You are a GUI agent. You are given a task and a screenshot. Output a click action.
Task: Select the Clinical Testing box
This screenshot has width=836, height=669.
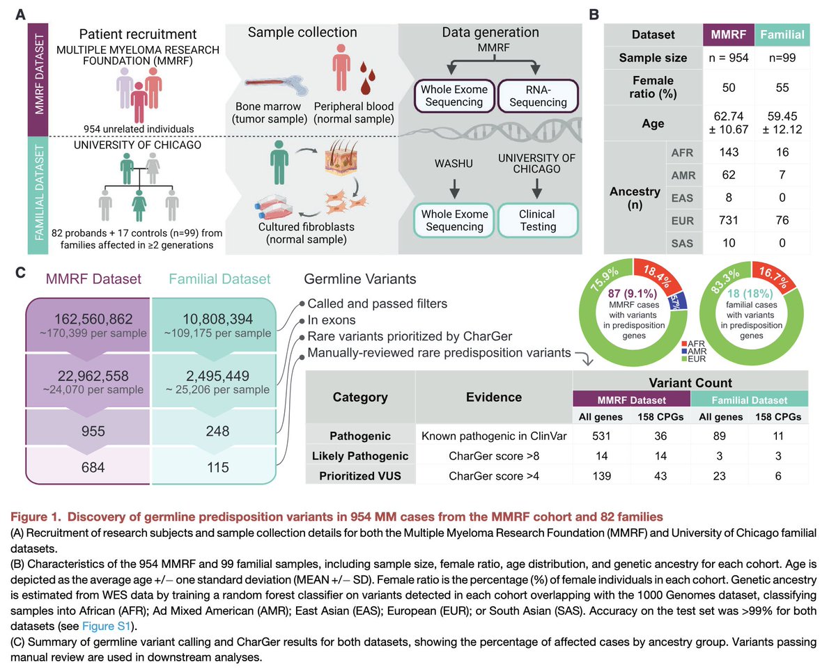click(538, 220)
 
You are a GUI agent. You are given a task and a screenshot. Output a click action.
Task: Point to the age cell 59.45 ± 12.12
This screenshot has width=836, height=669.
click(782, 124)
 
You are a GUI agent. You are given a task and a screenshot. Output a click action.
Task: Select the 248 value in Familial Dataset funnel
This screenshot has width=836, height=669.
click(218, 432)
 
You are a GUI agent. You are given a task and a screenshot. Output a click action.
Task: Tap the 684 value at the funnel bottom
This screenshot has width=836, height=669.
click(87, 468)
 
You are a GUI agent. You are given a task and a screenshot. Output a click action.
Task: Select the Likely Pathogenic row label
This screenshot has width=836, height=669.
click(360, 455)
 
